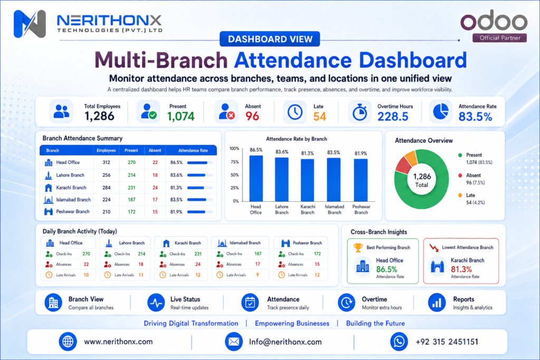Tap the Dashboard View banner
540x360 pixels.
click(x=270, y=39)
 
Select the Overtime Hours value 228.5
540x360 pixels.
click(x=393, y=116)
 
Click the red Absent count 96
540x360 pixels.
click(x=252, y=116)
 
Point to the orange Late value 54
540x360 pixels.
click(x=320, y=116)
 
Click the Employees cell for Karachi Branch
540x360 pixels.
click(x=107, y=188)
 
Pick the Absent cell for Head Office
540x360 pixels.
click(x=155, y=162)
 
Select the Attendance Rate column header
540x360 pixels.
click(x=193, y=150)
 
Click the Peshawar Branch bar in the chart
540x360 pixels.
click(x=361, y=180)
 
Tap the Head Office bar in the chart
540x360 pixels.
click(x=256, y=178)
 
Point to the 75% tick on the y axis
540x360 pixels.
click(x=235, y=162)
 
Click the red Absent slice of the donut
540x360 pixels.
click(x=403, y=166)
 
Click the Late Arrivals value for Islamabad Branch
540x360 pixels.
click(x=257, y=275)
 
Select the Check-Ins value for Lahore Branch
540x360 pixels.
click(x=141, y=254)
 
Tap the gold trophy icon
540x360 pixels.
click(x=358, y=247)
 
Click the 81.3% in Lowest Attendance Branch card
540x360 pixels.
click(x=461, y=269)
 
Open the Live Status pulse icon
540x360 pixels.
click(x=156, y=303)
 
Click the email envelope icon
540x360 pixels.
click(x=234, y=342)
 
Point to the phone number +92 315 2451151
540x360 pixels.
click(x=447, y=342)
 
